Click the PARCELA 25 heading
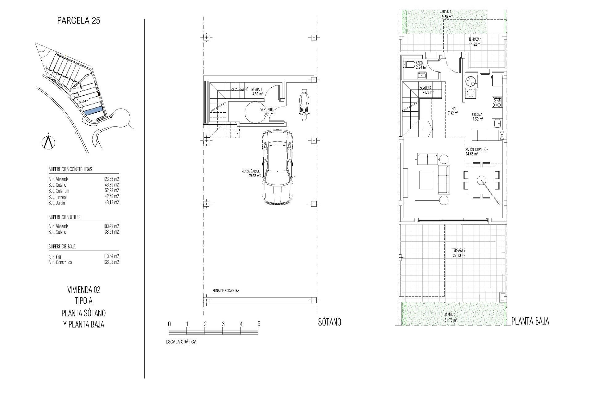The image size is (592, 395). tap(79, 21)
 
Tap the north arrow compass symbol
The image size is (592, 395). tap(48, 142)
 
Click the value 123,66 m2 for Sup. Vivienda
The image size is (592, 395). tap(111, 179)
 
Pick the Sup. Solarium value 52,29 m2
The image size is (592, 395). tap(111, 191)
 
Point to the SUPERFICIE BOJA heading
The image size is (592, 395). tap(62, 247)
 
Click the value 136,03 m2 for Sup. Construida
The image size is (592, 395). tap(111, 262)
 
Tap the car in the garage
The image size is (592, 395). tap(277, 167)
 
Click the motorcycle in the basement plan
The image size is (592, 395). tap(304, 103)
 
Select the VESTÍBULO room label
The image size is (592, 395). tap(267, 110)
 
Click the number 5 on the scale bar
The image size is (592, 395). tap(259, 324)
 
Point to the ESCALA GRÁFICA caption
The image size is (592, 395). tap(181, 342)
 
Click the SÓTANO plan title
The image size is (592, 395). tap(330, 322)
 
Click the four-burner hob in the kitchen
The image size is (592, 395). tap(497, 102)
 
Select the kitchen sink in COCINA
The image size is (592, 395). tap(497, 124)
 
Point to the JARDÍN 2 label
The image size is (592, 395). tap(450, 314)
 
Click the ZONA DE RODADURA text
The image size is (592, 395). tap(226, 291)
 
